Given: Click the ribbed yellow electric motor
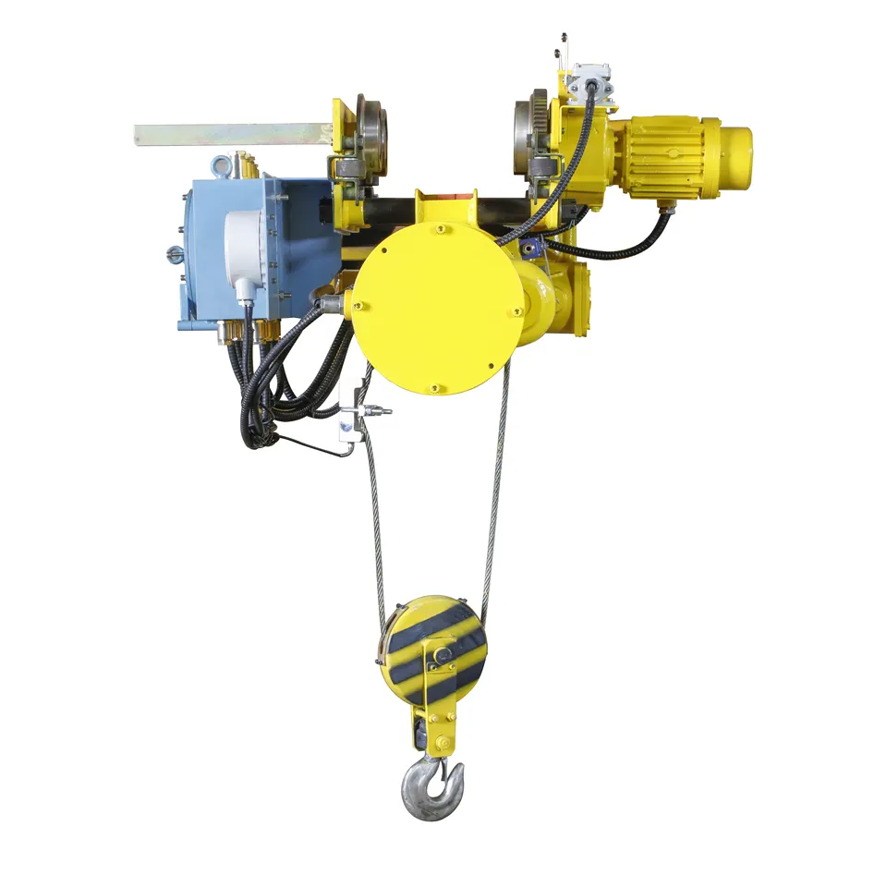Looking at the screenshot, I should [x=667, y=157].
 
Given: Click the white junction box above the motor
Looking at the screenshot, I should [x=590, y=80].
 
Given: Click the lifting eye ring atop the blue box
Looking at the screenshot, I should [x=221, y=166].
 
